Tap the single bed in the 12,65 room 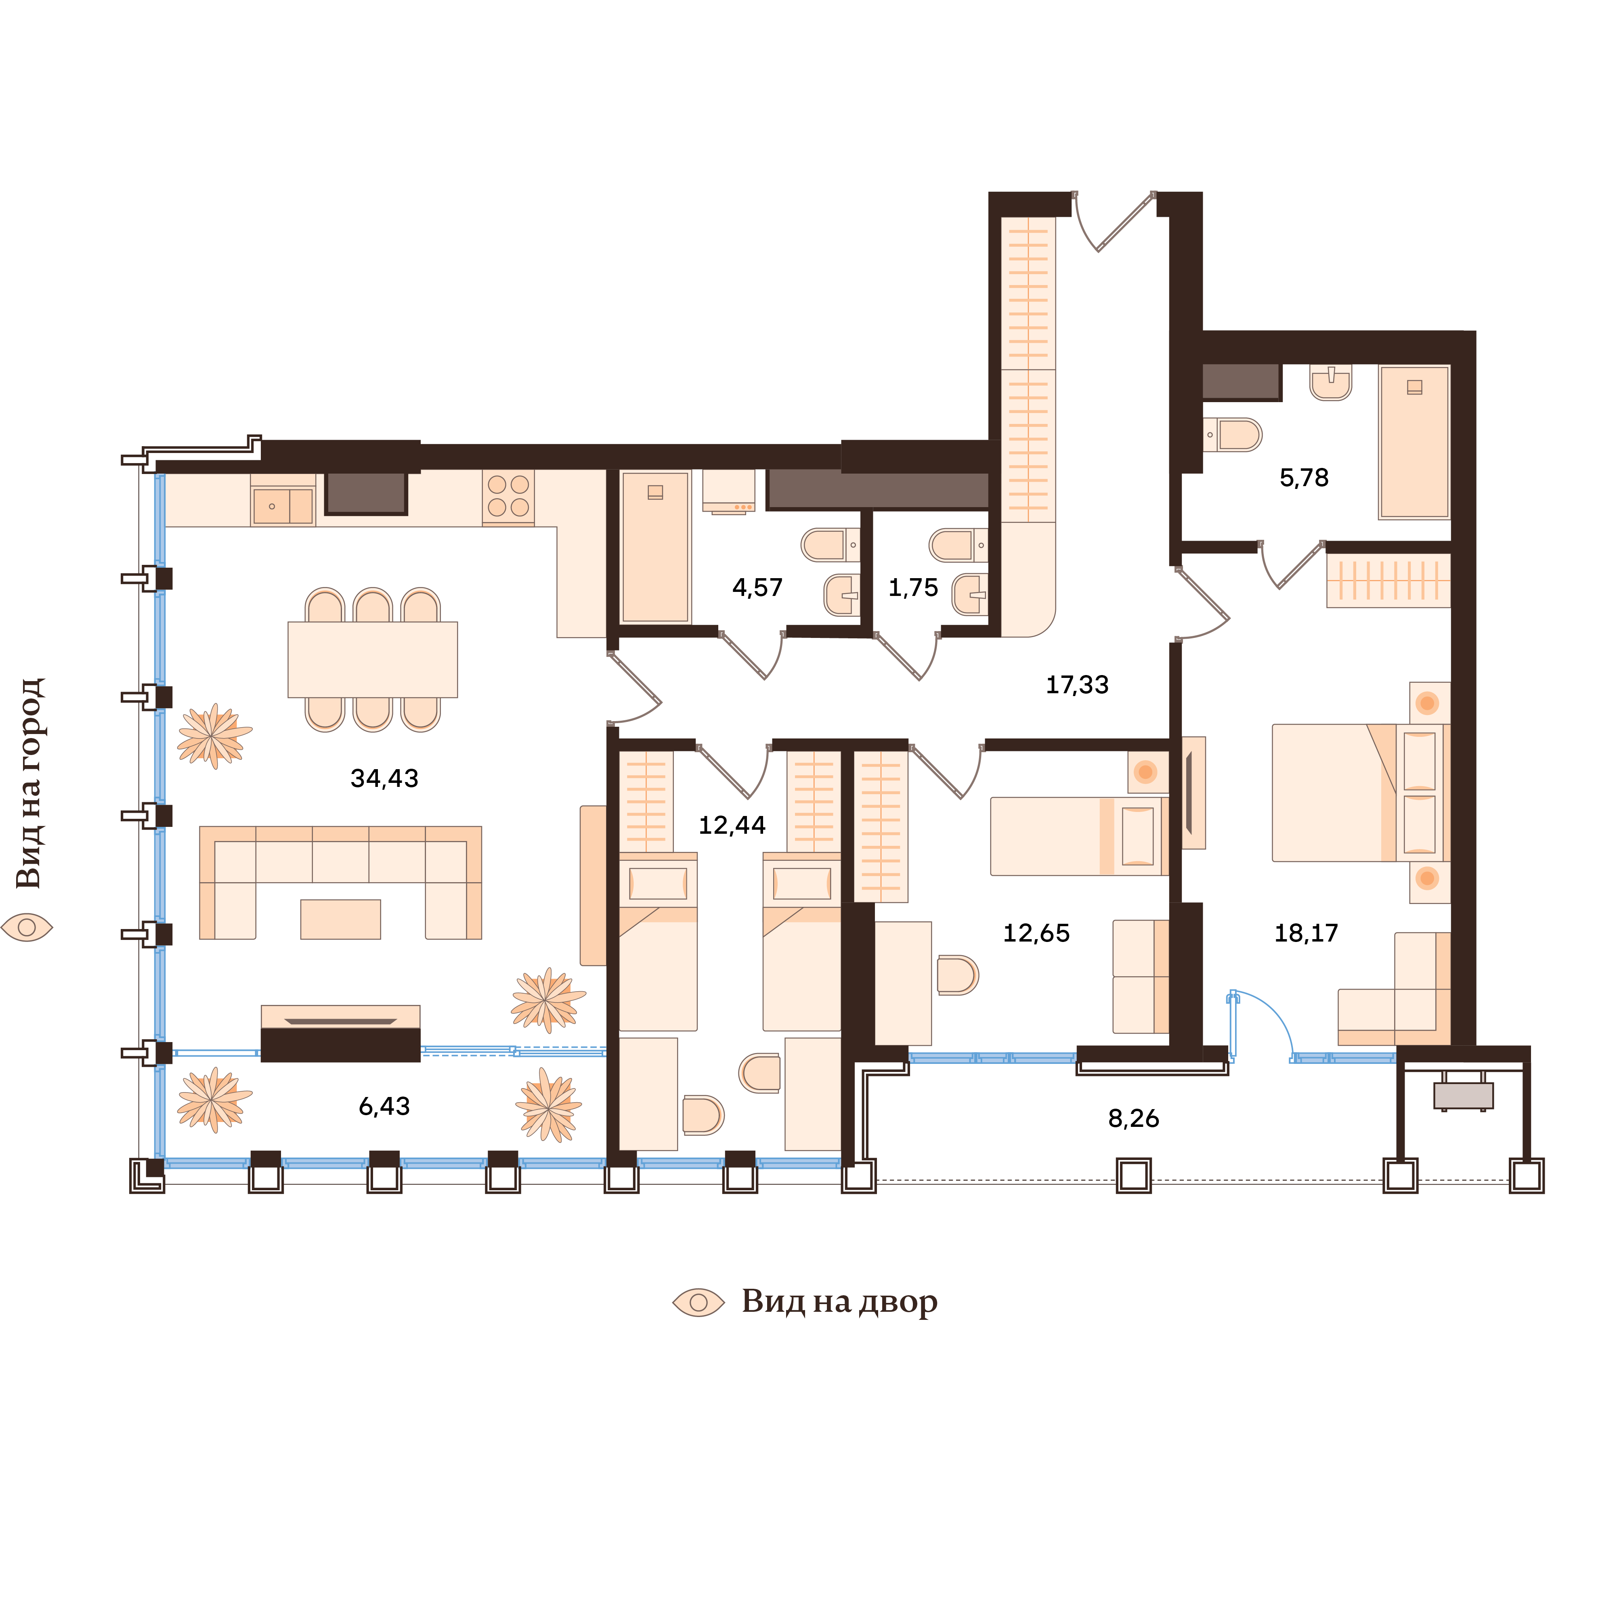(x=1074, y=836)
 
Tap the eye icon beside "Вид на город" (x=27, y=927)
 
